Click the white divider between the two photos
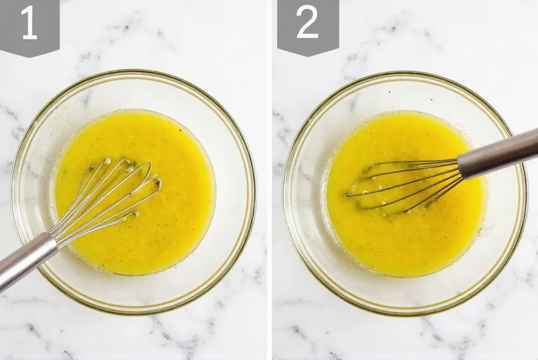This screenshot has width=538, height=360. [x=270, y=180]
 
